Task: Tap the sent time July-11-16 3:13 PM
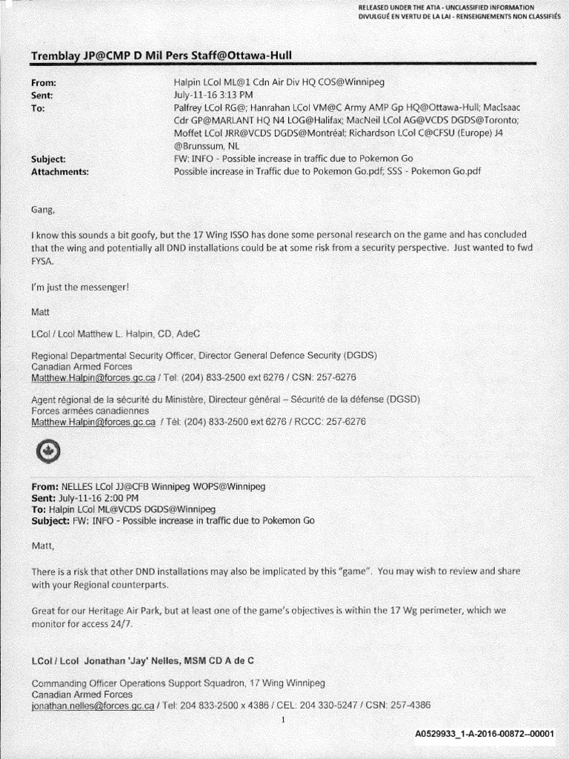point(213,95)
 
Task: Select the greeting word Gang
point(43,210)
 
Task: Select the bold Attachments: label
point(60,171)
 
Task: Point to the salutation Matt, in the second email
point(43,546)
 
